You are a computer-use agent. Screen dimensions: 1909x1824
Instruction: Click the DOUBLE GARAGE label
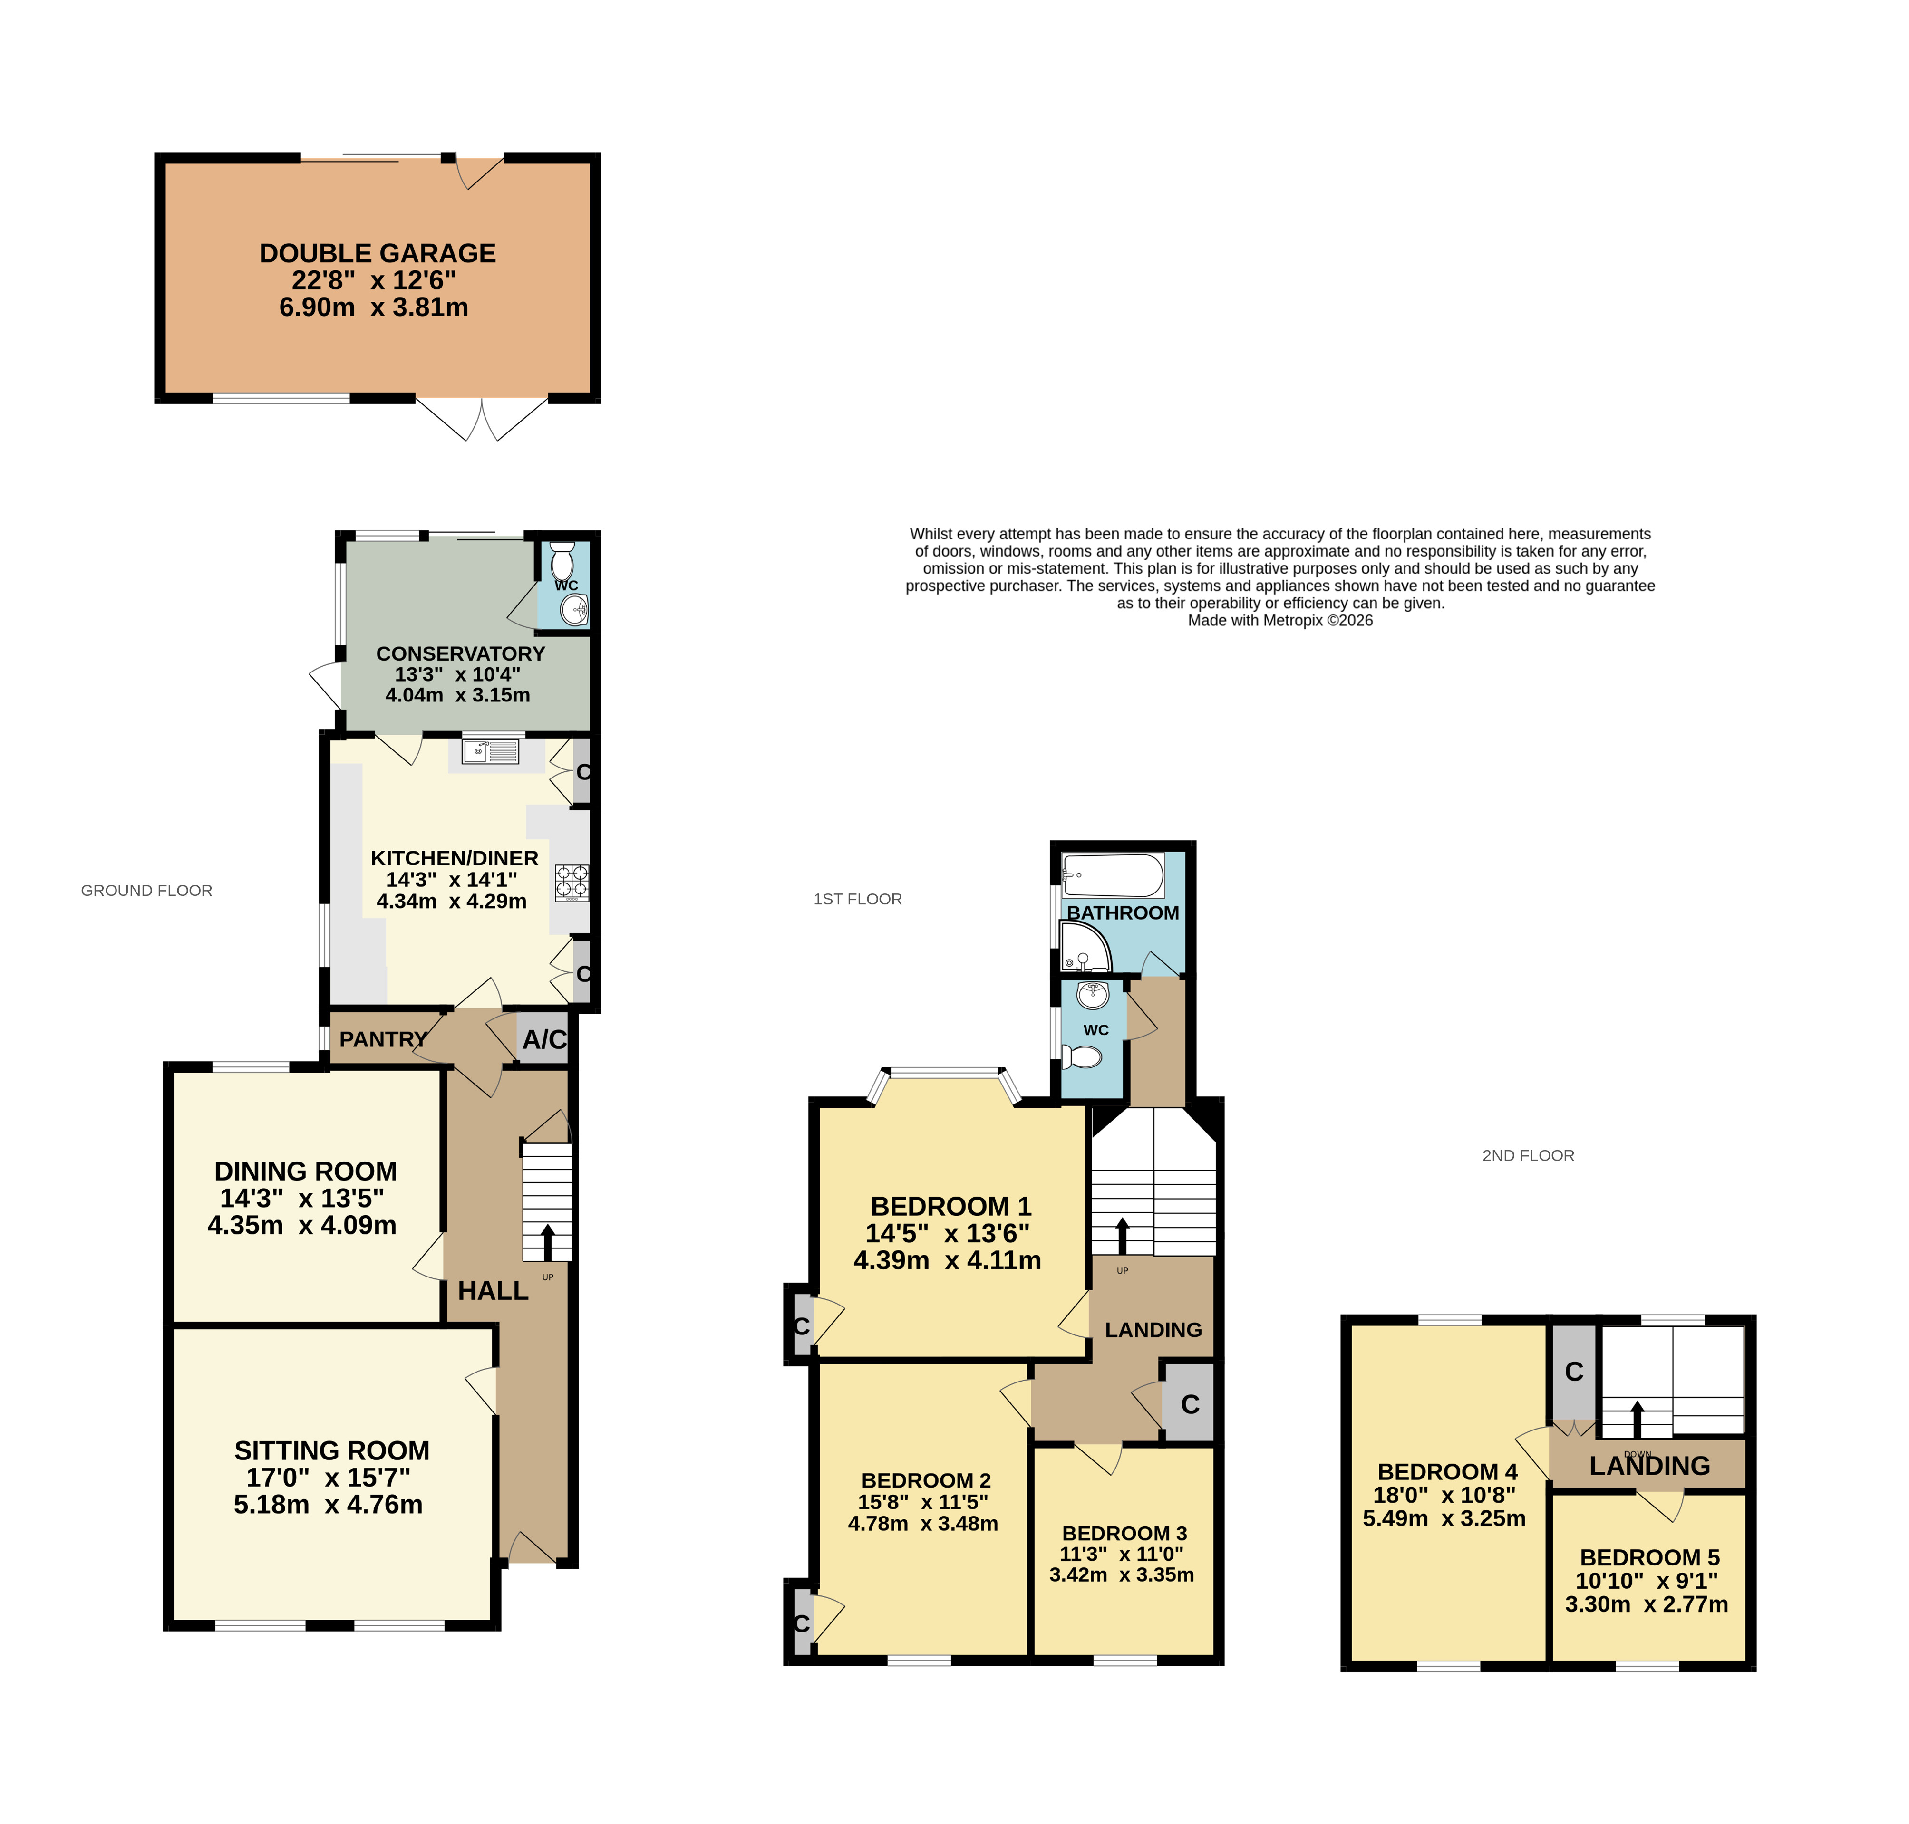tap(378, 254)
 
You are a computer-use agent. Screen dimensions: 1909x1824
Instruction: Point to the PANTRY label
tap(383, 1039)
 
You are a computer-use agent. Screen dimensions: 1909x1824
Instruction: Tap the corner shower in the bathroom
tap(1085, 948)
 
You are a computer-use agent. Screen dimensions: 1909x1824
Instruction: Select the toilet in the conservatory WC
tap(562, 561)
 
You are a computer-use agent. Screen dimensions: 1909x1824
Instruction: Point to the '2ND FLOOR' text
tap(1528, 1155)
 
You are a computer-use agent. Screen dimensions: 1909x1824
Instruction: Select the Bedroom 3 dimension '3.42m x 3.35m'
tap(1121, 1574)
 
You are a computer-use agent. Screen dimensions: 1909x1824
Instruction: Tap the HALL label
tap(493, 1290)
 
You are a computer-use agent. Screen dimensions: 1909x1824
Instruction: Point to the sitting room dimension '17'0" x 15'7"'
tap(328, 1477)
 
